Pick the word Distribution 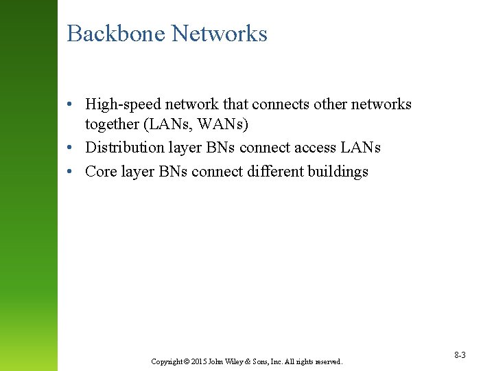click(125, 148)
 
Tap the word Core click(101, 171)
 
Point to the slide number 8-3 click(460, 355)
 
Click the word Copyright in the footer click(166, 361)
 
